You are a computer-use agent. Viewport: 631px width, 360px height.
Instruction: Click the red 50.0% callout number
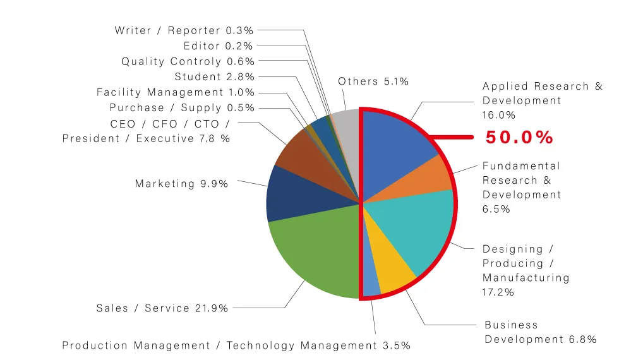[x=519, y=137]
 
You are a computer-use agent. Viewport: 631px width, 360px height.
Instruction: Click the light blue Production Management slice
[x=370, y=277]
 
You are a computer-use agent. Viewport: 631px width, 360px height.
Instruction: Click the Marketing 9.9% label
[x=181, y=184]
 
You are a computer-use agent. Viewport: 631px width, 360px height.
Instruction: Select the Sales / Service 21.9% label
[x=162, y=308]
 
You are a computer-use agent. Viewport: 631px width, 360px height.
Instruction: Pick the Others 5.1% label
[x=373, y=81]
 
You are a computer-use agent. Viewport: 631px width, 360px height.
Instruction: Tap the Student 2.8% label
[x=215, y=76]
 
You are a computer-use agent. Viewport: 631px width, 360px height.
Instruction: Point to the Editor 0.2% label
[x=218, y=46]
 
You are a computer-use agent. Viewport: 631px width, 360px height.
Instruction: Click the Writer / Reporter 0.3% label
[x=184, y=30]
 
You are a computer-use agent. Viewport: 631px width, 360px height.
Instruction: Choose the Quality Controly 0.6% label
[x=188, y=61]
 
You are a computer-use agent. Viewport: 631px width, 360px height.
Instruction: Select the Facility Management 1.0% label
[x=176, y=92]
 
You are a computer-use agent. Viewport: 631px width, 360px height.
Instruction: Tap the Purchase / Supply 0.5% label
[x=182, y=108]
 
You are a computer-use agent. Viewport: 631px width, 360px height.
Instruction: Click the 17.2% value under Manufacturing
[x=498, y=292]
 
